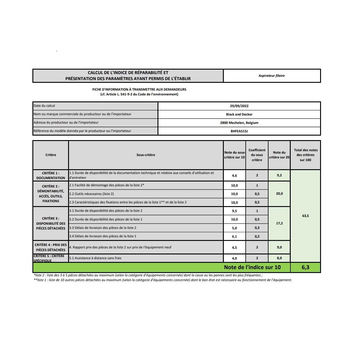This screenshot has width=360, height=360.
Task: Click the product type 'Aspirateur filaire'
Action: coord(271,76)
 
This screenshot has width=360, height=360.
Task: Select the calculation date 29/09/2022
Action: coord(239,106)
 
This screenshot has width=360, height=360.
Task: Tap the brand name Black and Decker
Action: coord(239,114)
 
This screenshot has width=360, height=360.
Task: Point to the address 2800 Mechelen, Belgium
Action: coord(239,123)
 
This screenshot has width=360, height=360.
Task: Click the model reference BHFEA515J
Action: coord(239,131)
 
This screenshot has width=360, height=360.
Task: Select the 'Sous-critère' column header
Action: coord(146,155)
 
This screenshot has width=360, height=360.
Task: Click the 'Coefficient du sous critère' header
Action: coord(257,155)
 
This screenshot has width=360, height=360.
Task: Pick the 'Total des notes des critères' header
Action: coord(305,155)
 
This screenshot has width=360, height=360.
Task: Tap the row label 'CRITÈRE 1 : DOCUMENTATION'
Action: coord(51,175)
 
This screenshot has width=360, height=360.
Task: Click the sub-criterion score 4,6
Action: coord(234,175)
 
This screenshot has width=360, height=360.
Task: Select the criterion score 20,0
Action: coord(279,194)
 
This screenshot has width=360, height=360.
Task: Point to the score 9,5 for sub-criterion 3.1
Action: coord(234,211)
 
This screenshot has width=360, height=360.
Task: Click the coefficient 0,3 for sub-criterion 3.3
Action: coord(257,228)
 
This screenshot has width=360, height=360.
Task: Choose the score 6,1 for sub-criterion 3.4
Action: coord(234,236)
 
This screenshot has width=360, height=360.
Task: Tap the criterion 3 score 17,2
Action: coord(279,223)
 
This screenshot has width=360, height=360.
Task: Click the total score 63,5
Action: coord(305,216)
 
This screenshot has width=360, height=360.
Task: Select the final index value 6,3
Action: coord(305,267)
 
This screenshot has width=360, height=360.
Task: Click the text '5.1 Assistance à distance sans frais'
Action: coord(95,258)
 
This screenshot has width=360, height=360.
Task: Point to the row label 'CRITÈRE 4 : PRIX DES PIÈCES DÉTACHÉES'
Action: coord(51,247)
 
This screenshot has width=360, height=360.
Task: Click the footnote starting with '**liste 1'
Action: coord(163,280)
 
